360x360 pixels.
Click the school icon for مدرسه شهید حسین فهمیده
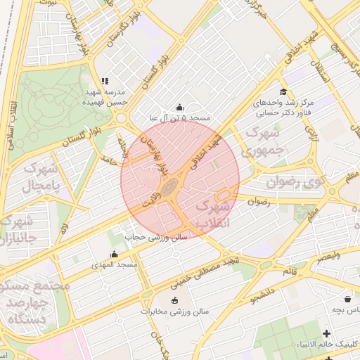(105, 82)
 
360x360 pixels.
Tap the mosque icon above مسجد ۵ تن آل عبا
(179, 108)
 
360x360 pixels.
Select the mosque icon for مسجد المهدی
(114, 254)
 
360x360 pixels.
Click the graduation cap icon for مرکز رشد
(283, 91)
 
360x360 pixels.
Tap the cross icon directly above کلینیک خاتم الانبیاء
(326, 333)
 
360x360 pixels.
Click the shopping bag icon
(348, 298)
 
